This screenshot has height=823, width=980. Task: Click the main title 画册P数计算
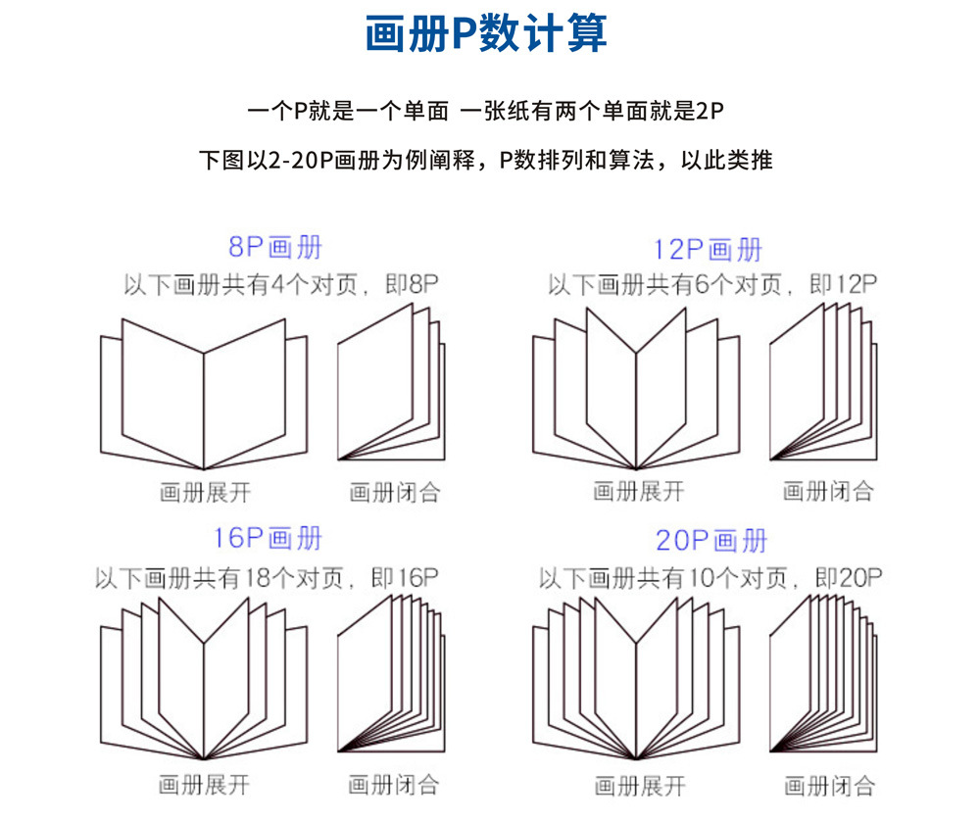[486, 33]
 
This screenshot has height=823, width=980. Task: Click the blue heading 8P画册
[275, 248]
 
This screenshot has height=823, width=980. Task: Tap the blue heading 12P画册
[708, 250]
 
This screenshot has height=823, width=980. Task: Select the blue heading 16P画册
[268, 539]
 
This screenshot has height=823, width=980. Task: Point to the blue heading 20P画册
[711, 541]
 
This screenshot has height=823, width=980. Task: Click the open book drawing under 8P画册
[204, 393]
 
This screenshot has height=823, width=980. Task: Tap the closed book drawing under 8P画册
[391, 382]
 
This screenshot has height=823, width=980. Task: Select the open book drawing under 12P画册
[636, 388]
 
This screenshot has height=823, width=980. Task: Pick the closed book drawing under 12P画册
[823, 382]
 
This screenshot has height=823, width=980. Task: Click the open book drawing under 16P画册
[204, 679]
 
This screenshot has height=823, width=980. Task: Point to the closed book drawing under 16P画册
[391, 674]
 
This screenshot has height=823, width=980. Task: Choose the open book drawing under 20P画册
[636, 679]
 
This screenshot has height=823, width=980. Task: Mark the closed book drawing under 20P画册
[823, 674]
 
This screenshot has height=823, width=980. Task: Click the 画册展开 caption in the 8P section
[205, 493]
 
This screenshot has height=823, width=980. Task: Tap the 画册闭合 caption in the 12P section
[828, 491]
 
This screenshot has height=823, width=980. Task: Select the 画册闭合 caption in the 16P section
[393, 785]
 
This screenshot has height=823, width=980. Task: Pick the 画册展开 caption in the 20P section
[640, 786]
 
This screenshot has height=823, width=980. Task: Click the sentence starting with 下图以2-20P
[486, 161]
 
